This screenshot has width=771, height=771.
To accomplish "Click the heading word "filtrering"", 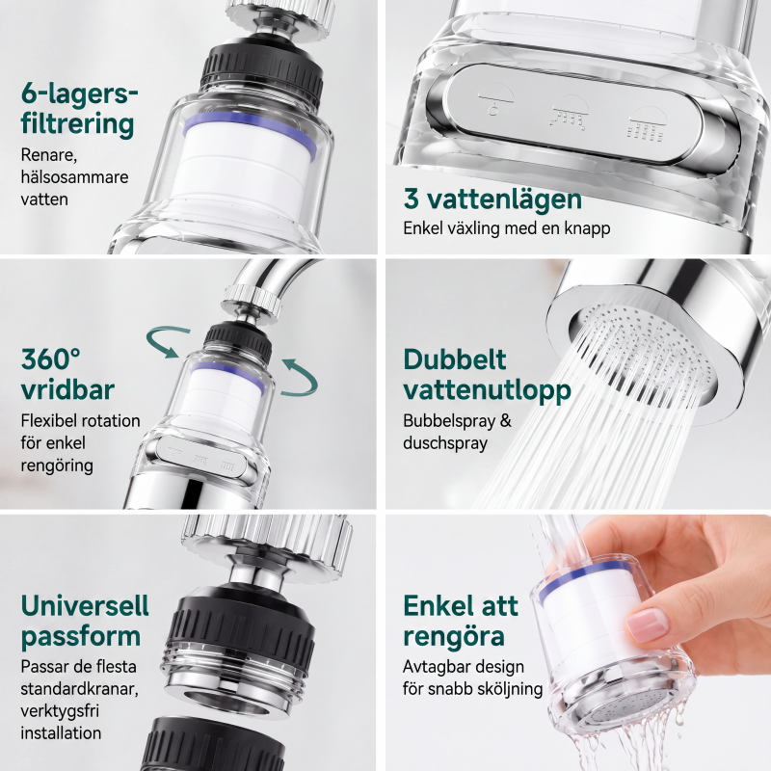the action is click(x=77, y=124).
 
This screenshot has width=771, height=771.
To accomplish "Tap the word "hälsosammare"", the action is click(x=74, y=176).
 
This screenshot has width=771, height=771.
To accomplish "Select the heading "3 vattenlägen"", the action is click(x=492, y=199).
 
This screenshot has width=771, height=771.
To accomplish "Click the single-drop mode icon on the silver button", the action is click(x=495, y=99).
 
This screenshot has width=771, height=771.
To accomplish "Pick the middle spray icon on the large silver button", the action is click(x=570, y=113).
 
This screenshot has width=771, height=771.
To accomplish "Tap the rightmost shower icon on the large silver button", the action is click(x=647, y=124).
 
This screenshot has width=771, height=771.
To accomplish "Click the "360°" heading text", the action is click(x=51, y=359).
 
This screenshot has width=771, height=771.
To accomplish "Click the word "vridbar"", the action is click(x=67, y=390).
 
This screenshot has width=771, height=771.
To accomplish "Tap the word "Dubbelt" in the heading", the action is click(x=455, y=359).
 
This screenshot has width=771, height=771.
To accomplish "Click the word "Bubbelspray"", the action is click(x=449, y=421).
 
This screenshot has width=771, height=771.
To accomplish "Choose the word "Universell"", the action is click(x=85, y=605).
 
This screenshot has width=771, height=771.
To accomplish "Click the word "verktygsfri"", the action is click(x=60, y=711).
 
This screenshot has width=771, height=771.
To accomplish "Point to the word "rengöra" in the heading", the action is click(x=454, y=636).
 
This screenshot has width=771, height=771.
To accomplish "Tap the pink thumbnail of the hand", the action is click(x=648, y=625).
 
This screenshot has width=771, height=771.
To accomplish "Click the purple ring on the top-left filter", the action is click(x=250, y=129).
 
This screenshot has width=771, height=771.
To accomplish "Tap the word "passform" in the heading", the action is click(x=81, y=637).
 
